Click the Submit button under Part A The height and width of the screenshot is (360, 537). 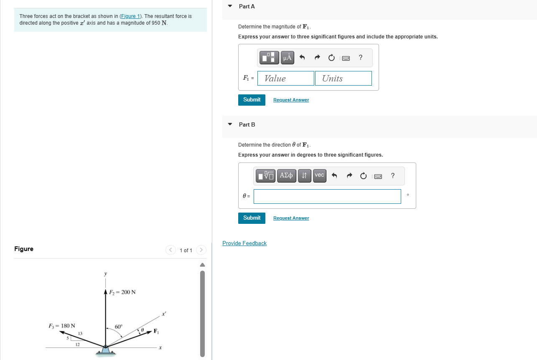(x=252, y=100)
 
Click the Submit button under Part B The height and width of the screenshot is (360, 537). (x=252, y=218)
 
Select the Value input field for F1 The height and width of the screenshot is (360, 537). (x=286, y=79)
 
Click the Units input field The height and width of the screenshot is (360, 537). (x=344, y=79)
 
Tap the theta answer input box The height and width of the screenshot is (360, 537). (x=327, y=197)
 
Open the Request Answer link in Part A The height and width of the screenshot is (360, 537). (x=291, y=100)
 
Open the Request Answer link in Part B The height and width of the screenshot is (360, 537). (x=291, y=218)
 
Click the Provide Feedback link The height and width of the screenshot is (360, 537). (x=244, y=243)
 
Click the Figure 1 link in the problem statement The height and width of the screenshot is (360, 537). (x=130, y=16)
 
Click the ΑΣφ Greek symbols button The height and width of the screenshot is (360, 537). (x=287, y=175)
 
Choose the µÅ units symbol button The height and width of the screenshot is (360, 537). (x=287, y=58)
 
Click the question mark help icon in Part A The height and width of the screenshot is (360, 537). (x=360, y=58)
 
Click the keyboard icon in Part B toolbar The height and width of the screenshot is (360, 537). (x=378, y=176)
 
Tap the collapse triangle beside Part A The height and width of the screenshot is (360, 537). (x=230, y=6)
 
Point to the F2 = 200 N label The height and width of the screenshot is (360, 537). (x=122, y=292)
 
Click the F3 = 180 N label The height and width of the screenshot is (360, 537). (x=62, y=326)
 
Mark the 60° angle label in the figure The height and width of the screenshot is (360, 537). (x=119, y=327)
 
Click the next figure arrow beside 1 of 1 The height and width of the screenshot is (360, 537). (x=201, y=250)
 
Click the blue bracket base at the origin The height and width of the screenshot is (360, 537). (x=105, y=351)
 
